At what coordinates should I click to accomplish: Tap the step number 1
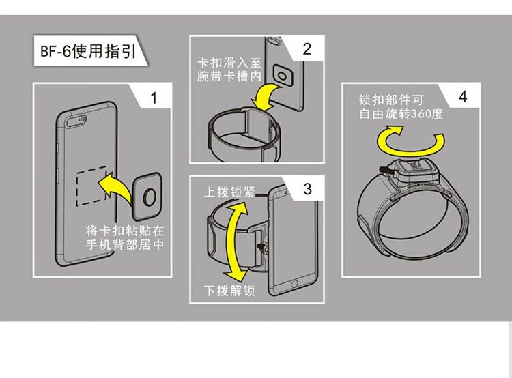coord(154,98)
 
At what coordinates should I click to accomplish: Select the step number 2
coord(307,48)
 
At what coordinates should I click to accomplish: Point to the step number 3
coord(307,189)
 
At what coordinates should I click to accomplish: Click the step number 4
coord(464,96)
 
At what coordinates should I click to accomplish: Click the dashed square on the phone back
coord(90,183)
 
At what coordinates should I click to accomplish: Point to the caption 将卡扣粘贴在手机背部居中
coord(124,236)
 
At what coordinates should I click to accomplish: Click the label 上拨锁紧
coord(229,192)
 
